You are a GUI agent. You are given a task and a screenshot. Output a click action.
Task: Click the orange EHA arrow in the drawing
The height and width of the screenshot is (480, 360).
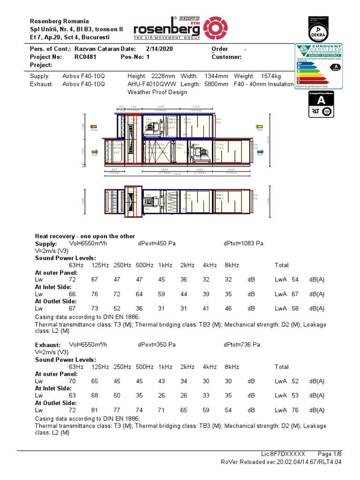[94, 127]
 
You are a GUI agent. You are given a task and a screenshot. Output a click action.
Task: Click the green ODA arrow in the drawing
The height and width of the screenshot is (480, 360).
[94, 151]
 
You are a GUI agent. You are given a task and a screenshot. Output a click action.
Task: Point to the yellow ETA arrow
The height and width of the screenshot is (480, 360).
[258, 127]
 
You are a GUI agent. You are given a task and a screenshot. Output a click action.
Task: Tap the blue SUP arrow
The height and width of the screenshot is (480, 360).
[260, 151]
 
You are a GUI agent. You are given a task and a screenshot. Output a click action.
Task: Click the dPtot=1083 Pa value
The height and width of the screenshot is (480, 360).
[244, 244]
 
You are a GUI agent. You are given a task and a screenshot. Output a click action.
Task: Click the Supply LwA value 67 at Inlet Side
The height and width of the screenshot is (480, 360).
[295, 294]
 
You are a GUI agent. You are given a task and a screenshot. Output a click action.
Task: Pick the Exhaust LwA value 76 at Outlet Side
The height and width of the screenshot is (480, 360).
[295, 410]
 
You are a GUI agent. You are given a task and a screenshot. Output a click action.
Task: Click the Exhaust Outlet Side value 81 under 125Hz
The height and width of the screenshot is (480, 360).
[97, 410]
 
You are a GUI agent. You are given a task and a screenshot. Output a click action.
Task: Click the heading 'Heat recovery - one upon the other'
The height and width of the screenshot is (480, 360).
[85, 236]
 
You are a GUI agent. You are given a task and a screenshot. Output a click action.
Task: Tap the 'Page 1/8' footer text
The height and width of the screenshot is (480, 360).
[330, 454]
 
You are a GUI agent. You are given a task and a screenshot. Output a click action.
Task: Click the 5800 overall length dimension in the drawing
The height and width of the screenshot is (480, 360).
[177, 174]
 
